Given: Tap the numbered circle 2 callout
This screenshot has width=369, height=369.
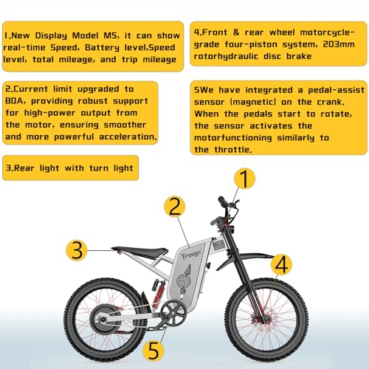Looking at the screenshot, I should [173, 206].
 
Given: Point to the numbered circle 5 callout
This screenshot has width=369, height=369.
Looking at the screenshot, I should [173, 348].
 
